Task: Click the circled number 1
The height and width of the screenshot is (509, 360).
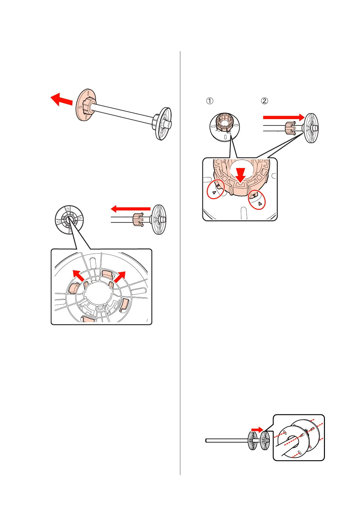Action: tap(209, 101)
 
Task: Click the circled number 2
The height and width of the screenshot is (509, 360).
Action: tap(264, 101)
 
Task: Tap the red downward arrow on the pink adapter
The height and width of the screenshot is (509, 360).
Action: tap(241, 175)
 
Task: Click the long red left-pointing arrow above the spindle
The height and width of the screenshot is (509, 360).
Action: tap(131, 209)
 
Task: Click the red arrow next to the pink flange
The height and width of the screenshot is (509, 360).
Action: tap(61, 99)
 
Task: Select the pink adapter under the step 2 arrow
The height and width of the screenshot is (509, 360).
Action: tap(290, 128)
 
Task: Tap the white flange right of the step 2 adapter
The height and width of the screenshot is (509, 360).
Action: tap(311, 128)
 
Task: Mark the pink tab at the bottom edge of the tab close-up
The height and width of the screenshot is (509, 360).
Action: tap(89, 319)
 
